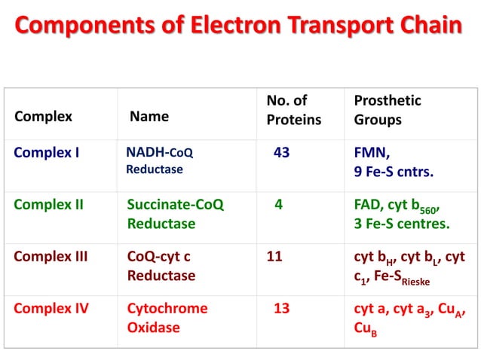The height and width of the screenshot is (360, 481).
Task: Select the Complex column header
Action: [44, 117]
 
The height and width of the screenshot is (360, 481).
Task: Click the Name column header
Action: [149, 117]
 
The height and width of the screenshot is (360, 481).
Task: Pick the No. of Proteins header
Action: [293, 110]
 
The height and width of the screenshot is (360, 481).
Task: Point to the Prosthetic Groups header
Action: [388, 110]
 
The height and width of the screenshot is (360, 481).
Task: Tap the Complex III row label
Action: [51, 256]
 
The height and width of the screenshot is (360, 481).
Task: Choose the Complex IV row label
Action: [50, 307]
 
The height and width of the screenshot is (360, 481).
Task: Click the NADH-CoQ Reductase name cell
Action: [159, 161]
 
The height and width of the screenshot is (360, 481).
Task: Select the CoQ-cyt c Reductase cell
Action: [161, 266]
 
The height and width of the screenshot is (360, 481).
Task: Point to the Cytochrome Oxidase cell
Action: [167, 318]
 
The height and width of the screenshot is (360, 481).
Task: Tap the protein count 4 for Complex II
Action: [279, 203]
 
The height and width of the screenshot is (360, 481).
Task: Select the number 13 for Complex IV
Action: [282, 307]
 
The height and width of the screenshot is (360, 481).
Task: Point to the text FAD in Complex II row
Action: [369, 203]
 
